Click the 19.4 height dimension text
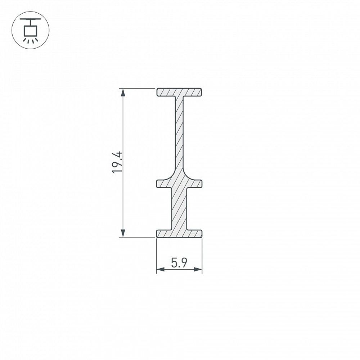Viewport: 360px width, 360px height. coord(117,163)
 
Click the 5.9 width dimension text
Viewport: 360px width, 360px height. coord(179,264)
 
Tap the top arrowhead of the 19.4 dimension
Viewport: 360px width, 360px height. coord(123,92)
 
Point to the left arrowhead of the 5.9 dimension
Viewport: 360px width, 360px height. coord(160,269)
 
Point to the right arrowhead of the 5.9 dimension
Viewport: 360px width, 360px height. coord(198,269)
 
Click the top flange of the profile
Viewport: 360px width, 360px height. coord(179,92)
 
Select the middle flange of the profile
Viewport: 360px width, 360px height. coord(179,184)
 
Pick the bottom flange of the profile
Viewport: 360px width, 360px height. coord(179,234)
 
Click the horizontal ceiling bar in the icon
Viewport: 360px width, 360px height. coord(31,18)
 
